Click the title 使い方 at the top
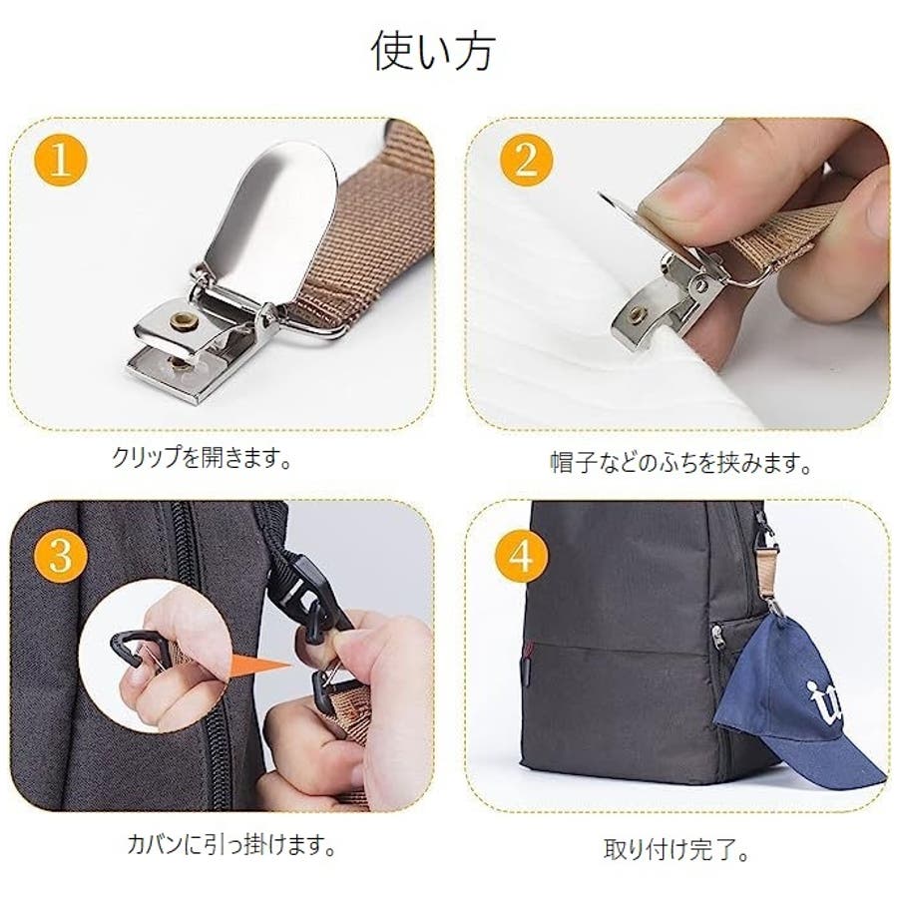(433, 51)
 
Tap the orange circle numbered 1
(61, 160)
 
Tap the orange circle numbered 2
(526, 160)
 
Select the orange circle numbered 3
(61, 555)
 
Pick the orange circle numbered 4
(521, 555)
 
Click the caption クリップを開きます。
(202, 458)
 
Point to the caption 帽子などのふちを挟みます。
(680, 463)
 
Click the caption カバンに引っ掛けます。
(231, 845)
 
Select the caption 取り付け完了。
(676, 849)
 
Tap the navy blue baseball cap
(797, 707)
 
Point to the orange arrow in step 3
(261, 667)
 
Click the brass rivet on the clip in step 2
(635, 313)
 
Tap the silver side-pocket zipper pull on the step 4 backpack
(715, 636)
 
